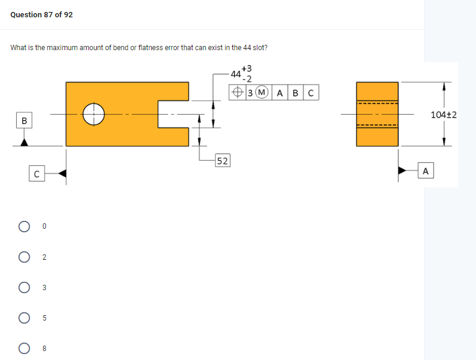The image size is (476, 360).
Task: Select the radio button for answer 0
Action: coord(24,227)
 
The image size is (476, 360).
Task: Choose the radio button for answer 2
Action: coord(24,257)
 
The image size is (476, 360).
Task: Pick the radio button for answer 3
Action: coord(24,288)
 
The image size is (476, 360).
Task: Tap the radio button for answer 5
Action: coord(24,318)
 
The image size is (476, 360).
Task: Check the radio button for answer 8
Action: coord(24,348)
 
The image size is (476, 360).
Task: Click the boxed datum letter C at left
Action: coord(36,174)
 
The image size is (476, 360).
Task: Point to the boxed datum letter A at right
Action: coord(425,171)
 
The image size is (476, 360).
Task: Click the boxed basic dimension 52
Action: coord(222,161)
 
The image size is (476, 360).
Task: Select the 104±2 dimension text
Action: coord(443,114)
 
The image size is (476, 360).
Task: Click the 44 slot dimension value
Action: coord(235,75)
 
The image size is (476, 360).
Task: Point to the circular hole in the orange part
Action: coord(94,113)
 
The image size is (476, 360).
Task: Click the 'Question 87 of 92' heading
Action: coord(42,14)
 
